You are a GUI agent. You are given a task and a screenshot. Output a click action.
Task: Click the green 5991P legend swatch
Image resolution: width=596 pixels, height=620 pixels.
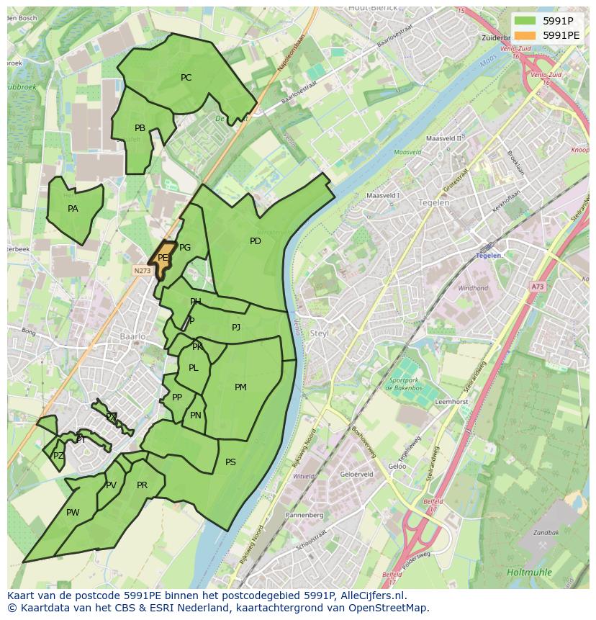point(525,20)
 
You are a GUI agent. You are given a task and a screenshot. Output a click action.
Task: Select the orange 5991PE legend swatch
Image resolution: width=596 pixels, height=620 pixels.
point(525,35)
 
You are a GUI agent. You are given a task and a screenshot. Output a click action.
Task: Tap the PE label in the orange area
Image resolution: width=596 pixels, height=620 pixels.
point(163,258)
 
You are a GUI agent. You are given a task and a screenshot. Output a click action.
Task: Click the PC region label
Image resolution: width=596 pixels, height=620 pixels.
point(186,78)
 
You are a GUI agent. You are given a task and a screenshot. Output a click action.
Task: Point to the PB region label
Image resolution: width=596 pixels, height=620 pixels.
point(140,128)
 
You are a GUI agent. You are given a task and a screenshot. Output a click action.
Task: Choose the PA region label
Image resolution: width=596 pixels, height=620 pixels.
point(73,209)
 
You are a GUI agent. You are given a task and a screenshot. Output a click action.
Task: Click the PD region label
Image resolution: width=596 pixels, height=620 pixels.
point(256,241)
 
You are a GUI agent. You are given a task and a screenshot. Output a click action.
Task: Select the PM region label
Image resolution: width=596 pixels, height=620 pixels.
point(240,387)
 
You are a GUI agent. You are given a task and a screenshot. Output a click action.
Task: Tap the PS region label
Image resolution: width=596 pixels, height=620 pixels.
point(230,462)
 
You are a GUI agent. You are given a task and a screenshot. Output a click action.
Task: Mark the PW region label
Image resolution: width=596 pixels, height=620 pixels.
point(73,513)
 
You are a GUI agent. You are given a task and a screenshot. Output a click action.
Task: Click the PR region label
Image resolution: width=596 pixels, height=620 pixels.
point(142,485)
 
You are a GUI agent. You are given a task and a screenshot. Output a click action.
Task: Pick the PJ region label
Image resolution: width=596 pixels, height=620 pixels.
point(236,328)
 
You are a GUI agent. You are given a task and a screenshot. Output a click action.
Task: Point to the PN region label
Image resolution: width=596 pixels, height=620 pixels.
point(196,415)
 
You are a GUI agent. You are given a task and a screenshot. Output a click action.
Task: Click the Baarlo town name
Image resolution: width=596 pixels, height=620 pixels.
point(133,336)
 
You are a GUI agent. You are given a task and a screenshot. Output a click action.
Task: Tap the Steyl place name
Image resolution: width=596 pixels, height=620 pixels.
point(319,333)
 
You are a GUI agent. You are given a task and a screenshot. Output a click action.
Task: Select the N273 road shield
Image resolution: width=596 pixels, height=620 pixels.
point(142,271)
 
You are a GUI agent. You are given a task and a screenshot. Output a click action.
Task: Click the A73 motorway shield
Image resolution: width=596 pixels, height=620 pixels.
point(538,287)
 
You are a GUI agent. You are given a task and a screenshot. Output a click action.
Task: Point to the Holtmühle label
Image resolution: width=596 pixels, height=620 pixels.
point(528,572)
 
